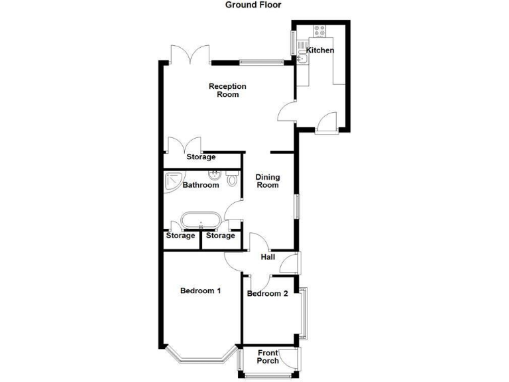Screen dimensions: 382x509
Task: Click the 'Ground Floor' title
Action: pos(253,5)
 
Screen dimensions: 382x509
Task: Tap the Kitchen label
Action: pos(319,50)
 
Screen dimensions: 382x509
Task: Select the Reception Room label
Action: pos(227,90)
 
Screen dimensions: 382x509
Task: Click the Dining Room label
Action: pos(268,181)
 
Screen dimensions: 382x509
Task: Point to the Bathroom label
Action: pos(201,185)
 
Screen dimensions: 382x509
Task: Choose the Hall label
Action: pos(268,257)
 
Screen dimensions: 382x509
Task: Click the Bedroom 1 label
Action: pos(200,290)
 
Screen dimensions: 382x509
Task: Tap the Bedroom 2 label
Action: pos(268,294)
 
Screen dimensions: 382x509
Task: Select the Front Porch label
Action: pos(268,356)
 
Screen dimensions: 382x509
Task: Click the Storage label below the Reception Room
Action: pos(201,157)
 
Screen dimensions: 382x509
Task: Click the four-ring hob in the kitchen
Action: pos(318,30)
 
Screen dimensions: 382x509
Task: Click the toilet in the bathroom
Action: pos(232,178)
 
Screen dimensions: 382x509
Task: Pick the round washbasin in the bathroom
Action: pos(215,176)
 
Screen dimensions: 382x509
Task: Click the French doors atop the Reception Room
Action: pos(190,54)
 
